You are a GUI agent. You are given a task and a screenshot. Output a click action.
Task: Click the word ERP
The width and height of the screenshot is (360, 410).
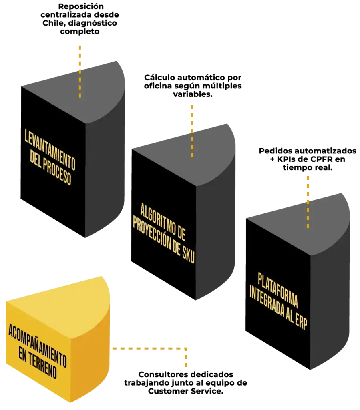click(x=301, y=322)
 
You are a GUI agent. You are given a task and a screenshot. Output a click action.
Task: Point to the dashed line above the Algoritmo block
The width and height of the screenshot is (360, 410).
click(x=192, y=130)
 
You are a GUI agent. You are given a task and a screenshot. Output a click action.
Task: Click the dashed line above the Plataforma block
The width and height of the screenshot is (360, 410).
click(x=307, y=200)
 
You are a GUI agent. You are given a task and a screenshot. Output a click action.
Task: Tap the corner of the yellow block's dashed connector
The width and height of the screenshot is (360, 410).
click(x=186, y=349)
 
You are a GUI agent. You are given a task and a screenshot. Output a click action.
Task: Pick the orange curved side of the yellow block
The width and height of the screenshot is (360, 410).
click(x=90, y=360)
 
